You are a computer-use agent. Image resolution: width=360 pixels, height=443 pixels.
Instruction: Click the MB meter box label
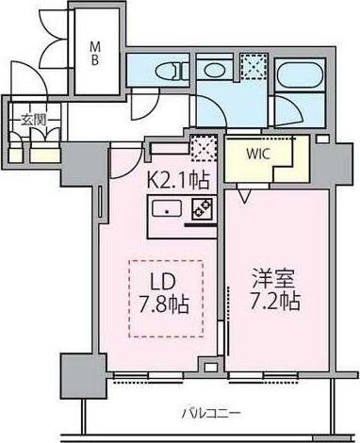tap(95, 54)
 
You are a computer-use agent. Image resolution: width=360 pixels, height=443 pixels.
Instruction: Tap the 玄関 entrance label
tap(34, 120)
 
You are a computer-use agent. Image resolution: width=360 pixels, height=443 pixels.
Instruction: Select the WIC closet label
tap(258, 154)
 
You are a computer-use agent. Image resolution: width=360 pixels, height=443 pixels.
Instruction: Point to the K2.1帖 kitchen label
tap(178, 181)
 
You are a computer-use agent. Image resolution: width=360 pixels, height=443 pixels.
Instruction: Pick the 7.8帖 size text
tap(164, 304)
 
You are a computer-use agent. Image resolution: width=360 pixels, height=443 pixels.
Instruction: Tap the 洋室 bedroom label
tap(273, 279)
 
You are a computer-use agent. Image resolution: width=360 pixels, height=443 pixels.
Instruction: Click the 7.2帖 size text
tap(275, 302)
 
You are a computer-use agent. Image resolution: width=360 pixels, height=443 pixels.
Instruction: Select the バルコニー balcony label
tap(211, 413)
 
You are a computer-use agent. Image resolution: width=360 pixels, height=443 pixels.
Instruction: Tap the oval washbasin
tap(214, 70)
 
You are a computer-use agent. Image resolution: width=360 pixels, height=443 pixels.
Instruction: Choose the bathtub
tap(301, 74)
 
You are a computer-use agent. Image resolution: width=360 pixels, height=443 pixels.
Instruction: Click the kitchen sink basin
tap(167, 208)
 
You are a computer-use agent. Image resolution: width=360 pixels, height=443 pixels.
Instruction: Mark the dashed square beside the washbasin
tap(254, 66)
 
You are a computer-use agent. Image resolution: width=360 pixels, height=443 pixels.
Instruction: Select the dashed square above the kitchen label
tap(205, 147)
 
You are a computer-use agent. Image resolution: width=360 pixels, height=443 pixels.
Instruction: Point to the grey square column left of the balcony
tap(83, 376)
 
